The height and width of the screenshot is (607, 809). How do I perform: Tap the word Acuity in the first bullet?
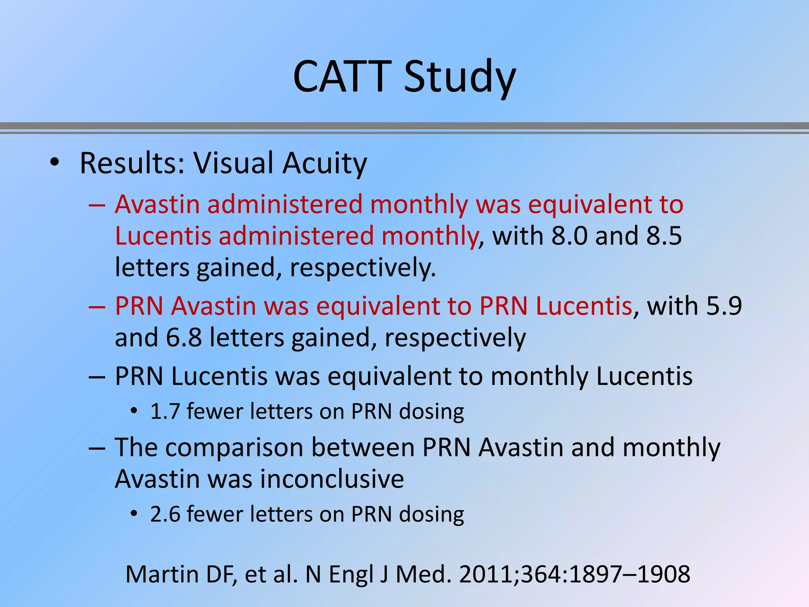325,163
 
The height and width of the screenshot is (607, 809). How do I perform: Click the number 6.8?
184,338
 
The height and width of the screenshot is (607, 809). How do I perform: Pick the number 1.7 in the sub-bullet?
165,411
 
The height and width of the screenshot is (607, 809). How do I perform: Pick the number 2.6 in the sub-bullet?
165,515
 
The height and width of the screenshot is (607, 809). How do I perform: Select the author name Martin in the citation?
162,574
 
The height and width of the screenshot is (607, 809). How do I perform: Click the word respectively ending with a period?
363,268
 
